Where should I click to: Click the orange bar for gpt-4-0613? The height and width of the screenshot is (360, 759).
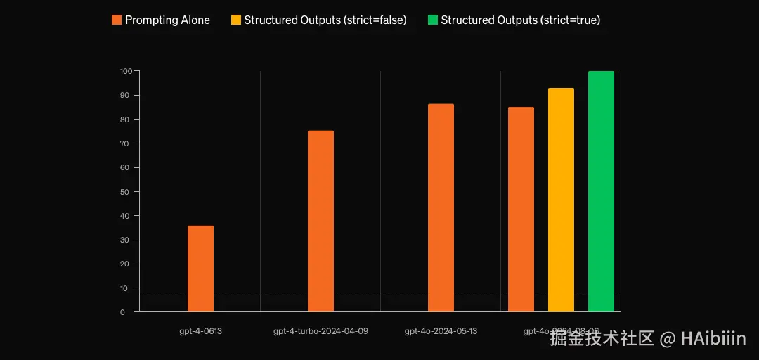[x=200, y=269]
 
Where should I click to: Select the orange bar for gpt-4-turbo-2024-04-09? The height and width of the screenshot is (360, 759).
[x=320, y=221]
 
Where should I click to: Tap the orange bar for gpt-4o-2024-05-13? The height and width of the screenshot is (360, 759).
[x=441, y=207]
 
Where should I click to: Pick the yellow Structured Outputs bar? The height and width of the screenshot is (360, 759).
[x=561, y=200]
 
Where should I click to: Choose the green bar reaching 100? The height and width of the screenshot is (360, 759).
[x=601, y=191]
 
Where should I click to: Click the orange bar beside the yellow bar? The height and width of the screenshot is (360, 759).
[x=521, y=209]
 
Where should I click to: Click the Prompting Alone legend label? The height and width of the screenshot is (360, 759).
[x=167, y=20]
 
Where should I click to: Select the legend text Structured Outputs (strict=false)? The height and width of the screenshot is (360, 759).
[x=325, y=20]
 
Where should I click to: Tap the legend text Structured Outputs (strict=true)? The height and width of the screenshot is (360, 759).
[x=520, y=20]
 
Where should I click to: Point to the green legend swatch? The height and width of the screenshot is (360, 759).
[x=432, y=20]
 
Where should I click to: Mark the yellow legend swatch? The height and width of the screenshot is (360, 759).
[x=236, y=20]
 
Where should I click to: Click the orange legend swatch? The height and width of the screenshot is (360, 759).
[x=117, y=20]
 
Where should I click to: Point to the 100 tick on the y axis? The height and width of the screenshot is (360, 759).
[x=126, y=71]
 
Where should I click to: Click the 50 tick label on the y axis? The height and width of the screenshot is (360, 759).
[x=125, y=191]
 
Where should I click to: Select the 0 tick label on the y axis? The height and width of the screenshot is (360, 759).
[x=122, y=312]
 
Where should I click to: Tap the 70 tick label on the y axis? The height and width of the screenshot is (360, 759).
[x=125, y=143]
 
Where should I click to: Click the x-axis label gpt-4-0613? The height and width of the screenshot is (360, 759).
[x=200, y=330]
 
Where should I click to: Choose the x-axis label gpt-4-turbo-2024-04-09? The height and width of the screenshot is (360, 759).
[x=320, y=330]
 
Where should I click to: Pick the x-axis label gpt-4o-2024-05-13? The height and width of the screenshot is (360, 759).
[x=441, y=330]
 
